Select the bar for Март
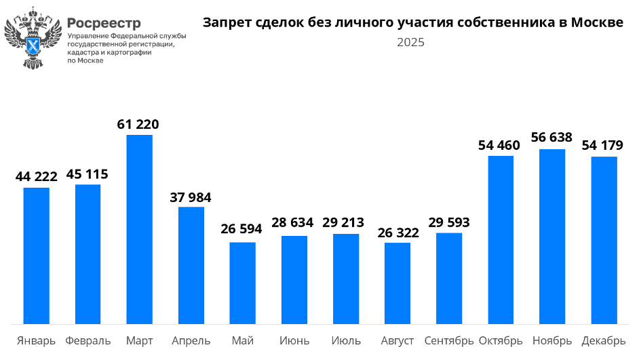140,229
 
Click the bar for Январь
37,256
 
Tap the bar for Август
397,283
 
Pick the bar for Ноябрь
552,236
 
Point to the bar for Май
243,283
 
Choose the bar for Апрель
191,265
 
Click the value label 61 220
138,125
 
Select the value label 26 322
397,233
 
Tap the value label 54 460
499,145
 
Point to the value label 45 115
87,174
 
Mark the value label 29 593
449,222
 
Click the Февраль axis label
88,340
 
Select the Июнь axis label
294,340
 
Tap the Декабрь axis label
604,340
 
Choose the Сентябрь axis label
449,340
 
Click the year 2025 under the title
411,43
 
